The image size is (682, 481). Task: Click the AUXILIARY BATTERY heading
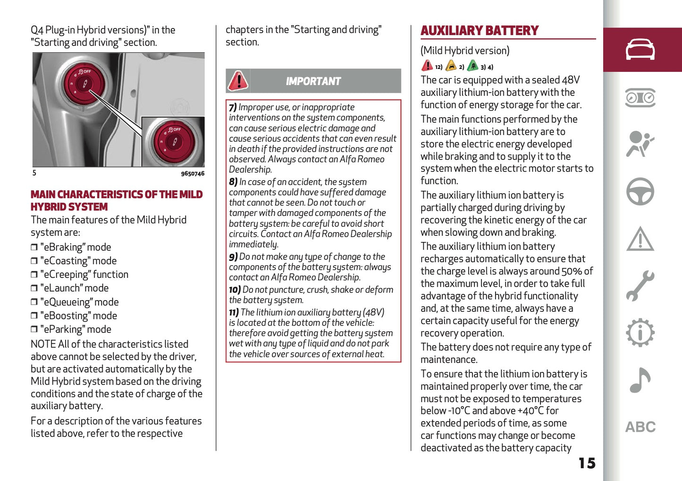(x=479, y=31)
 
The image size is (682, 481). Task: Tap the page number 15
(x=587, y=463)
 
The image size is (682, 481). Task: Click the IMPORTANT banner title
(x=313, y=81)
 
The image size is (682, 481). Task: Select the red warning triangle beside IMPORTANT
(x=238, y=81)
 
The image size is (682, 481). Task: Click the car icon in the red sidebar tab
(x=640, y=50)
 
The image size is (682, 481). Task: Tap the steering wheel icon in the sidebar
(x=640, y=191)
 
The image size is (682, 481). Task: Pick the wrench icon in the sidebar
(x=640, y=286)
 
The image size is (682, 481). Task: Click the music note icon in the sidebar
(x=640, y=380)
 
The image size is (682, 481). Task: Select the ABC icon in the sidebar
(x=640, y=427)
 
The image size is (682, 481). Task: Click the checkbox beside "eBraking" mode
(x=34, y=247)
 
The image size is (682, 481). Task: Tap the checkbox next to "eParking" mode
(x=34, y=329)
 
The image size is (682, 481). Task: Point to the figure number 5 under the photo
(x=34, y=173)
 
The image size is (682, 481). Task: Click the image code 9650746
(x=193, y=173)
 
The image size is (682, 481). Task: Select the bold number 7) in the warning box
(x=233, y=107)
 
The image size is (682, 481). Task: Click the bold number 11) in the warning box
(x=234, y=312)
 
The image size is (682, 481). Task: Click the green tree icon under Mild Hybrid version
(x=472, y=66)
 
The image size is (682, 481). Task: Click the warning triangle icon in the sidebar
(x=640, y=239)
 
